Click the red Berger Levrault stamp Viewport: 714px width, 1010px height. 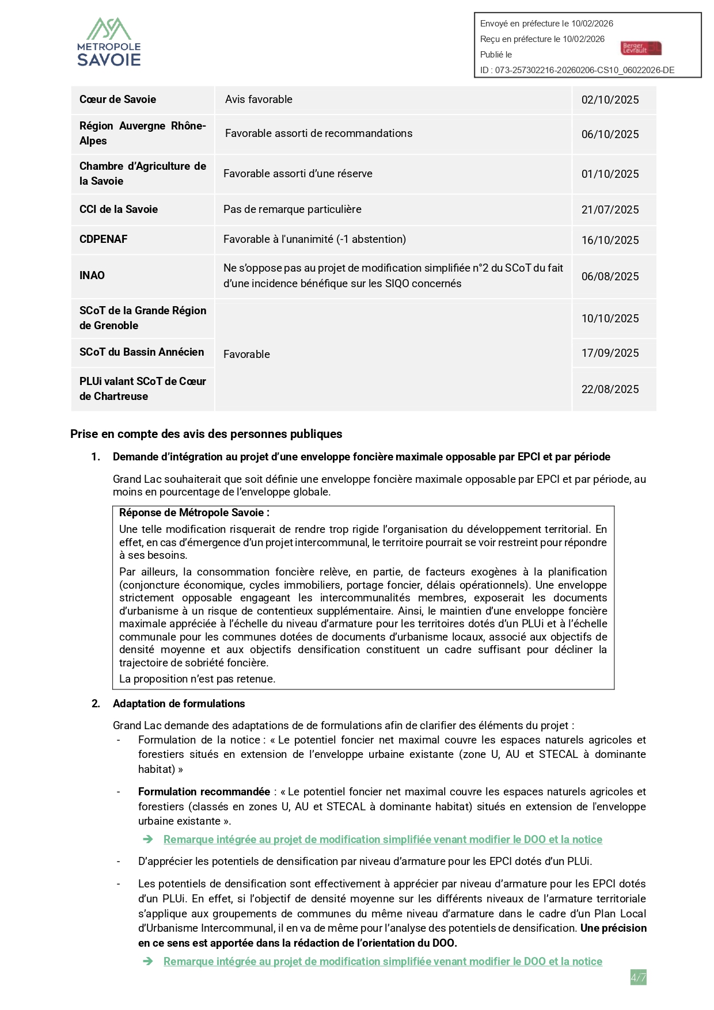641,48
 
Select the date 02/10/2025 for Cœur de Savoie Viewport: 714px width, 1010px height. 610,100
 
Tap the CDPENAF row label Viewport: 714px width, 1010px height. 104,239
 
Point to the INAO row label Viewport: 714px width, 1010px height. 92,276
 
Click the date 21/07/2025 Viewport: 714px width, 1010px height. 610,210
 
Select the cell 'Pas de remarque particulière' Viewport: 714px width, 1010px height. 293,209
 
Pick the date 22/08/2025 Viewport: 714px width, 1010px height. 610,390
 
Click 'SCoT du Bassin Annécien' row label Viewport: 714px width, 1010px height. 142,352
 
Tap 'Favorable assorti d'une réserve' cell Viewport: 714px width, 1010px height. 298,174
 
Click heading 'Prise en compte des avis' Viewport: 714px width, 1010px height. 206,434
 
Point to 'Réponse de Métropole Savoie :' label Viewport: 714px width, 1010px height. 194,513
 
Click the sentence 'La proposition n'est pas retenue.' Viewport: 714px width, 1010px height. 197,679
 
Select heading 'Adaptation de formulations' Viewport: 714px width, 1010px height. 178,704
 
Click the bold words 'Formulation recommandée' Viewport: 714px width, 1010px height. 204,792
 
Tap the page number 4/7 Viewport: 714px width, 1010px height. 638,977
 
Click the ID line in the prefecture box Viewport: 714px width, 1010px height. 577,70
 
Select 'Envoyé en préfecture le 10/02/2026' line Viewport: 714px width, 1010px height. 546,24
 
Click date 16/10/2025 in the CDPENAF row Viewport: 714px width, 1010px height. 610,241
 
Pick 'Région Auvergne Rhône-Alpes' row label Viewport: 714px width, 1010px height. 142,134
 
